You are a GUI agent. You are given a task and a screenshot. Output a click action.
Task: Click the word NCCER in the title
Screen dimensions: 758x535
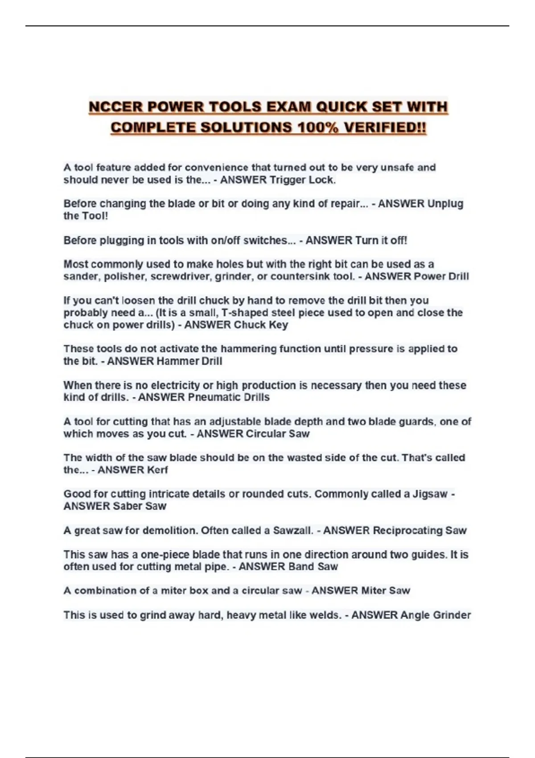pyautogui.click(x=115, y=107)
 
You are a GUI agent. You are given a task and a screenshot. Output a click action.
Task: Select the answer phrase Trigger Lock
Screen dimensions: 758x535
pyautogui.click(x=302, y=180)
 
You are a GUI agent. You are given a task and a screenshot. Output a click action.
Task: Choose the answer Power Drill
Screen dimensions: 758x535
pyautogui.click(x=441, y=276)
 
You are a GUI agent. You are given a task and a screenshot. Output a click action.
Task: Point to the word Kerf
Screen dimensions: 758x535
pyautogui.click(x=157, y=470)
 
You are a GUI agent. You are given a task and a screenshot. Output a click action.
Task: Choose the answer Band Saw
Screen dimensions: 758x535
pyautogui.click(x=313, y=567)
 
